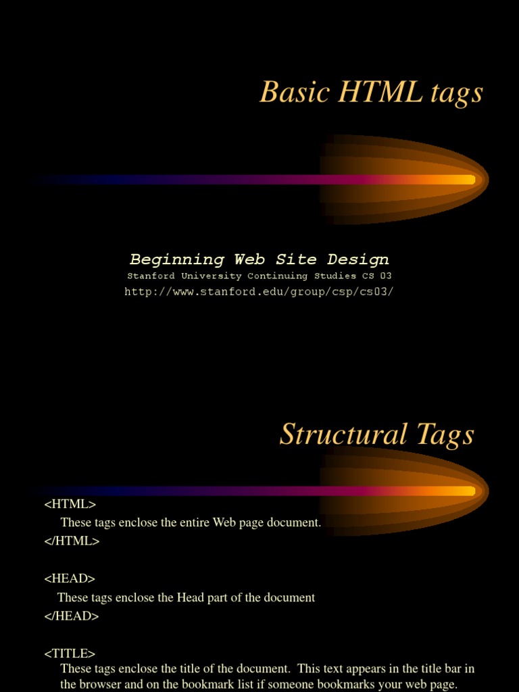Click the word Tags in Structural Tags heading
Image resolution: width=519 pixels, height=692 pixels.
click(x=445, y=435)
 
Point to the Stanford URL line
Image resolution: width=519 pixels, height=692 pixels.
click(x=259, y=292)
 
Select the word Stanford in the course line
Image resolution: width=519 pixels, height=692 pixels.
click(x=151, y=276)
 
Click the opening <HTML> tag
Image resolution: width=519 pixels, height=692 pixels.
click(x=70, y=504)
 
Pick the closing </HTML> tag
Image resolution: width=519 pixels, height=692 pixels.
click(x=72, y=541)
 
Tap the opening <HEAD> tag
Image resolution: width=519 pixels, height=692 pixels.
click(x=70, y=578)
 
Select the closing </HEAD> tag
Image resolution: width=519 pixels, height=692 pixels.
click(x=72, y=616)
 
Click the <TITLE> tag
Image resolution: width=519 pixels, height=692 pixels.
click(x=70, y=653)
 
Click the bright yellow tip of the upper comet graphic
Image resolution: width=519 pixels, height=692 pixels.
click(x=466, y=180)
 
